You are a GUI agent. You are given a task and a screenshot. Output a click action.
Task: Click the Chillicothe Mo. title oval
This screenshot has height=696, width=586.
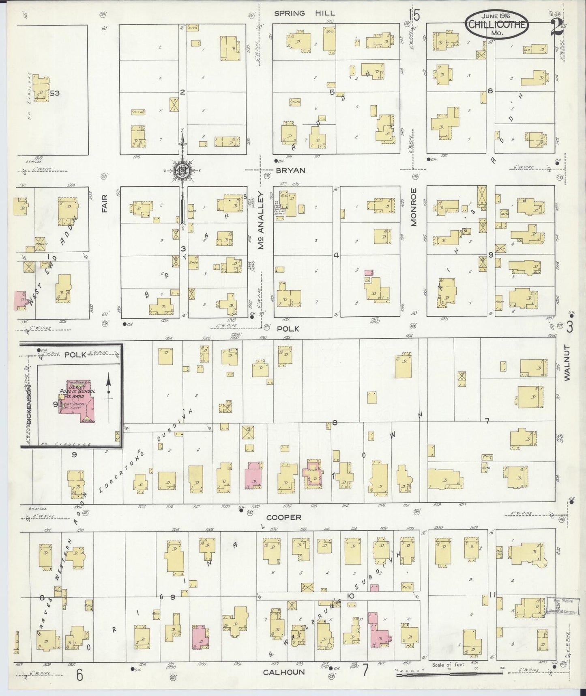point(497,25)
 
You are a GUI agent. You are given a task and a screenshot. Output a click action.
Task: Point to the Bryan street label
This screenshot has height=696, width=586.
point(290,171)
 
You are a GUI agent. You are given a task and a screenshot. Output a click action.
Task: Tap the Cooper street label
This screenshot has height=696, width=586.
point(283,517)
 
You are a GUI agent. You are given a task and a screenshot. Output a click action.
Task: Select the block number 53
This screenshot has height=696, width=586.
point(55,93)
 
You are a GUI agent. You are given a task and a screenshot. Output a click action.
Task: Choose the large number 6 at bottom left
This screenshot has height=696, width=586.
point(79,675)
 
